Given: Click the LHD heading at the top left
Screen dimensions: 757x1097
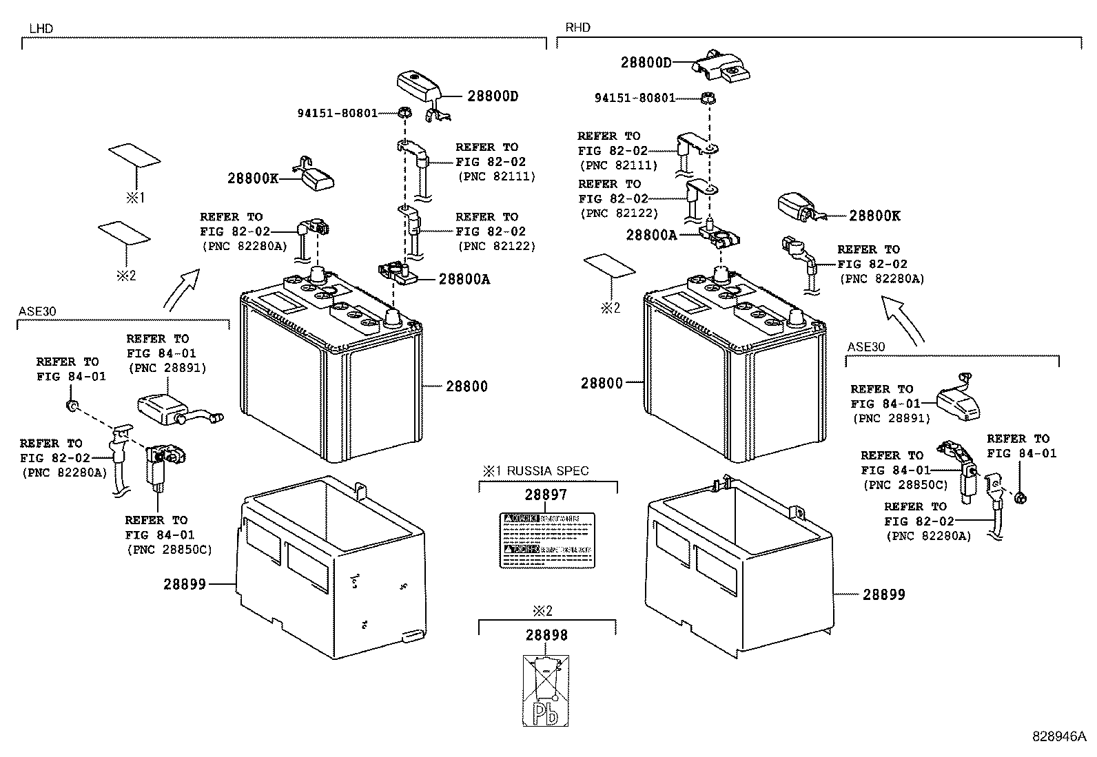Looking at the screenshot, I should pyautogui.click(x=41, y=28).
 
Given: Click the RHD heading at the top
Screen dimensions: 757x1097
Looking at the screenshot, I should pyautogui.click(x=577, y=28).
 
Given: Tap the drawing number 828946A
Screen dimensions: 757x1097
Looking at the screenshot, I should pyautogui.click(x=1058, y=736).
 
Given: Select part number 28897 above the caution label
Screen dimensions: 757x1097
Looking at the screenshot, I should pyautogui.click(x=546, y=495).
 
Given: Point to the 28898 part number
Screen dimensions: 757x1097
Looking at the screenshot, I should pyautogui.click(x=546, y=635).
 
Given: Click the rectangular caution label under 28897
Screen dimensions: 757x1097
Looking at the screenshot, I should pyautogui.click(x=546, y=541).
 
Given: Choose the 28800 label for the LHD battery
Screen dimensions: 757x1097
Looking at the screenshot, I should pyautogui.click(x=467, y=386).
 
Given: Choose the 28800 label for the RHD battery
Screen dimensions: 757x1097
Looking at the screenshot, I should pyautogui.click(x=602, y=383).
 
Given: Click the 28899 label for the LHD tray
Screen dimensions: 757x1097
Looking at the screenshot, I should pyautogui.click(x=185, y=584).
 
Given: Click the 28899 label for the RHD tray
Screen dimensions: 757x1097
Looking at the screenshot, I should pyautogui.click(x=884, y=594).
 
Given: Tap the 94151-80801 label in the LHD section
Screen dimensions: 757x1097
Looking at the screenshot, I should pyautogui.click(x=338, y=112).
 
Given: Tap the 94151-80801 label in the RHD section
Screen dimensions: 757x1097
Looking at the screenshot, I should pyautogui.click(x=635, y=98).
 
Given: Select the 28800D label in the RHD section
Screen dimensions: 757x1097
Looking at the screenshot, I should pyautogui.click(x=646, y=62).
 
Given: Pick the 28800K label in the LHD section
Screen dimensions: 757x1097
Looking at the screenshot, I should pyautogui.click(x=253, y=178).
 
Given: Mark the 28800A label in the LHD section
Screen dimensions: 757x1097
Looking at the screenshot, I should pyautogui.click(x=464, y=279).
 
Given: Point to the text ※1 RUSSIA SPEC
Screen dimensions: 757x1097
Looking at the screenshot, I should pyautogui.click(x=535, y=471).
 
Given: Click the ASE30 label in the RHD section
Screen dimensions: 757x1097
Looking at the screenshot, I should pyautogui.click(x=866, y=347).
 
